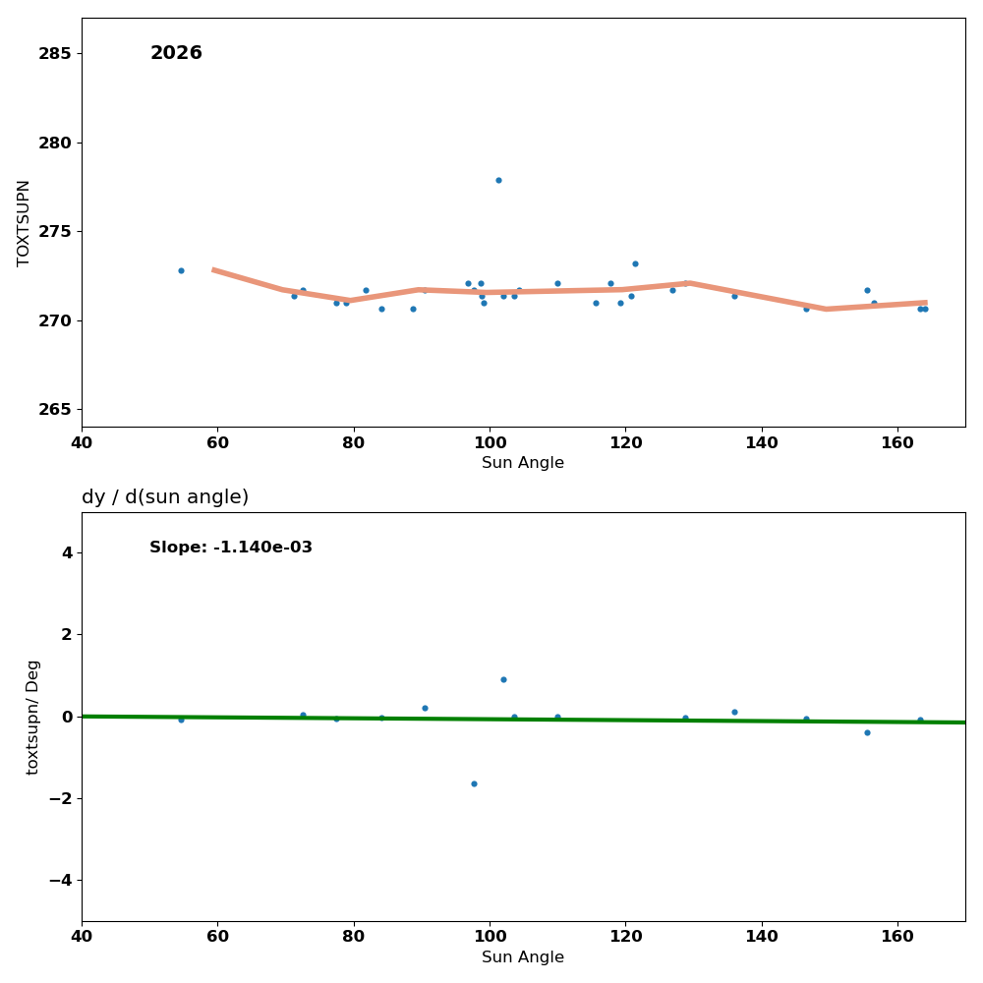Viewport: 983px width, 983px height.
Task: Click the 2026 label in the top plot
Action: point(176,54)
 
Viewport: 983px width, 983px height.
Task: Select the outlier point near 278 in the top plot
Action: point(498,180)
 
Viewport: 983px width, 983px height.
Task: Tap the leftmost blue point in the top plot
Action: point(181,270)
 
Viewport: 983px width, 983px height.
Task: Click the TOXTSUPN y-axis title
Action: point(25,222)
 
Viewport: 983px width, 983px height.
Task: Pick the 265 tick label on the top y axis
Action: point(55,410)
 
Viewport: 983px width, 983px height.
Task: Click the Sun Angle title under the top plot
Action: point(523,463)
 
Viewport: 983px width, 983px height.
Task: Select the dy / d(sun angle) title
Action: point(165,497)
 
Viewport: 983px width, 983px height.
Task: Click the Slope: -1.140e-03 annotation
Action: point(231,548)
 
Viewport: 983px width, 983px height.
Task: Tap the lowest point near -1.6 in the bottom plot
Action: point(474,783)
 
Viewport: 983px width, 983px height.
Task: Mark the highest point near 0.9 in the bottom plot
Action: point(503,679)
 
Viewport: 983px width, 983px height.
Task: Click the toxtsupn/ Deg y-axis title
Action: point(33,717)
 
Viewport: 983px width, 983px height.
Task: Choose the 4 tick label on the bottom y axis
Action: point(66,552)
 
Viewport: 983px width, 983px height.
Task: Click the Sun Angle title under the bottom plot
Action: point(523,957)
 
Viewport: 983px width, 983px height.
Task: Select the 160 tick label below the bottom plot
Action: point(897,936)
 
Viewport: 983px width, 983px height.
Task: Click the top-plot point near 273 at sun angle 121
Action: point(635,263)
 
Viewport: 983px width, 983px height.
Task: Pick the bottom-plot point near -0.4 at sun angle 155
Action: point(867,732)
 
